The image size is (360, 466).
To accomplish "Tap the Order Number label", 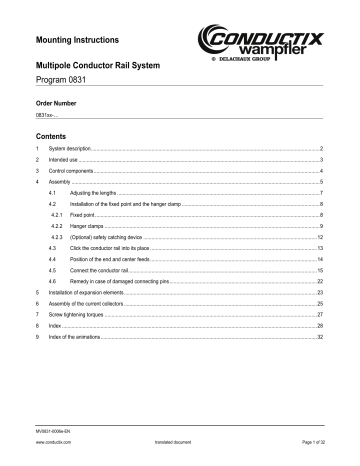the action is tap(56, 103).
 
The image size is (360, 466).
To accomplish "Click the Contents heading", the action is tap(51, 134).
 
